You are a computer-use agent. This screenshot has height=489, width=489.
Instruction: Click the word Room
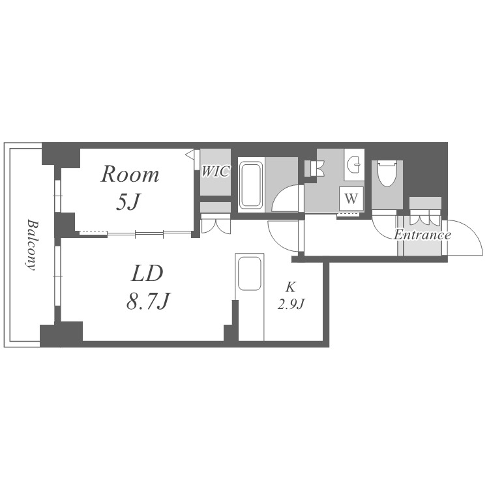click(x=130, y=174)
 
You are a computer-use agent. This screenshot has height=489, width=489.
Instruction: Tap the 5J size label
click(x=128, y=201)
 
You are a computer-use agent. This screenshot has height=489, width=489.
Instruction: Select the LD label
click(x=147, y=273)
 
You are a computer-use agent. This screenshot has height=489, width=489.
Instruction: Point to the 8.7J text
click(x=147, y=301)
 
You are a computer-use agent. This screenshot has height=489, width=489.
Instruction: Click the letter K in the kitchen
click(x=291, y=287)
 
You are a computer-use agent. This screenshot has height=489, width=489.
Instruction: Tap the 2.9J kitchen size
click(x=291, y=303)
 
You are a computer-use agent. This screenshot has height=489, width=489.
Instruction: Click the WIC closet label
click(x=216, y=171)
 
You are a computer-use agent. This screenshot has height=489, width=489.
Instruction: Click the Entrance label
click(x=422, y=235)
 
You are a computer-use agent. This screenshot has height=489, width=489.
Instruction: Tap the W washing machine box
click(x=351, y=198)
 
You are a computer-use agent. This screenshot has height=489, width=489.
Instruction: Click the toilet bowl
click(x=387, y=173)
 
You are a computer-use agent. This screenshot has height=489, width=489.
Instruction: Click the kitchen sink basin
click(x=250, y=274)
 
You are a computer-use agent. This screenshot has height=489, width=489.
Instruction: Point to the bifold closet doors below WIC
click(x=216, y=224)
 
